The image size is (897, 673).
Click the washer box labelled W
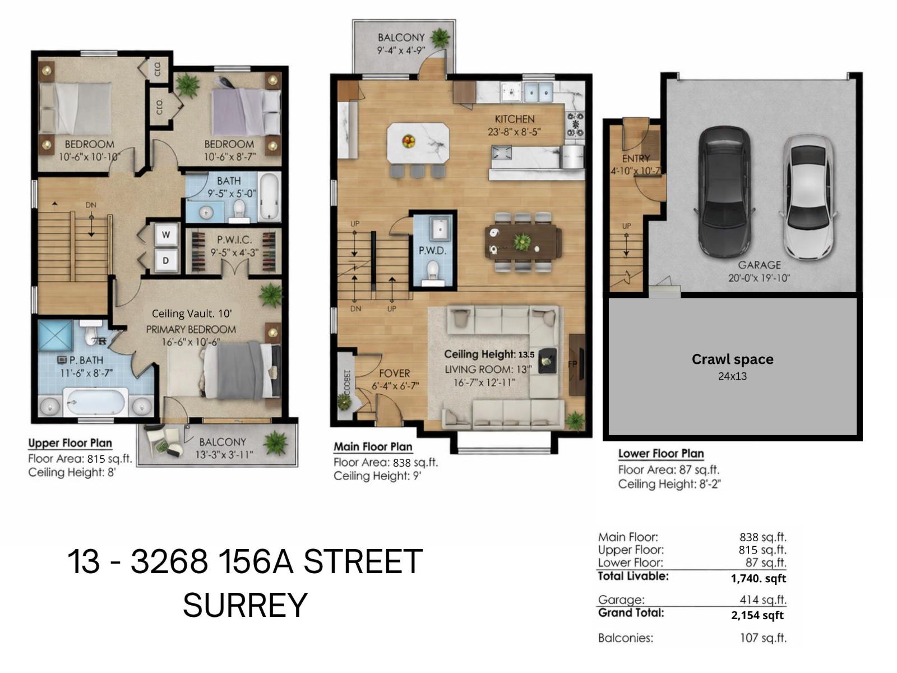(x=166, y=235)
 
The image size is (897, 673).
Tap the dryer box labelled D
(x=166, y=261)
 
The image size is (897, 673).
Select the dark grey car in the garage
(x=724, y=191)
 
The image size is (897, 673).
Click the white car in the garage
(x=807, y=196)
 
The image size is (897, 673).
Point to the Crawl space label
(x=732, y=359)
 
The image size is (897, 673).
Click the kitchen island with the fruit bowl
(x=418, y=144)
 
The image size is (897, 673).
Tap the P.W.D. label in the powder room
(x=432, y=251)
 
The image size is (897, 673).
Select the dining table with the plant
(x=523, y=242)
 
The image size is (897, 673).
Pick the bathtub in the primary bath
(x=96, y=402)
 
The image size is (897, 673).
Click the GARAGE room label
(x=759, y=265)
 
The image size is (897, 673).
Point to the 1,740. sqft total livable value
(x=758, y=578)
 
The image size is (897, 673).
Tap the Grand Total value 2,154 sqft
(x=757, y=615)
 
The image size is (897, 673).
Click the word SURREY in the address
(x=245, y=605)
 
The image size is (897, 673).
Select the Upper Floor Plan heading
(x=70, y=443)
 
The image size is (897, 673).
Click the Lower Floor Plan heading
(x=660, y=454)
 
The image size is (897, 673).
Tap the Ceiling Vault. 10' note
(x=192, y=314)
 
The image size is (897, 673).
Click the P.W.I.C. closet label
(x=234, y=240)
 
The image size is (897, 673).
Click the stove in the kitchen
(x=575, y=125)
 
